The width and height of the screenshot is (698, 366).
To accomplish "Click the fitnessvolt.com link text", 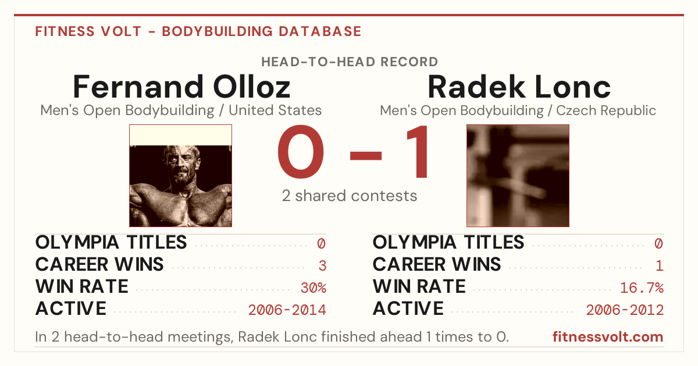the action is pyautogui.click(x=608, y=337).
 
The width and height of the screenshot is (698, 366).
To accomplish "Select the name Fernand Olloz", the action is pyautogui.click(x=181, y=87).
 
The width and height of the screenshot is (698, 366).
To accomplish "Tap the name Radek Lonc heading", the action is pyautogui.click(x=519, y=87).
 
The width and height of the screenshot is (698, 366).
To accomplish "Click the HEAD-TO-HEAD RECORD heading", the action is pyautogui.click(x=350, y=62).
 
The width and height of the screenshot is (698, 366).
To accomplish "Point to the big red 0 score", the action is pyautogui.click(x=301, y=152).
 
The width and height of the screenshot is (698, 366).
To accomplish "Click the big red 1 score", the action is pyautogui.click(x=418, y=152).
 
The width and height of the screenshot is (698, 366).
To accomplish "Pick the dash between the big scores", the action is pyautogui.click(x=366, y=155).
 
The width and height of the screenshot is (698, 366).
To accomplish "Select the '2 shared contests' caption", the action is pyautogui.click(x=350, y=196).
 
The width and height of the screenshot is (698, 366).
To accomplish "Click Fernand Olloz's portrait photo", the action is pyautogui.click(x=181, y=176).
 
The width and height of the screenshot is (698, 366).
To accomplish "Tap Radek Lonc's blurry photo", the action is pyautogui.click(x=518, y=176).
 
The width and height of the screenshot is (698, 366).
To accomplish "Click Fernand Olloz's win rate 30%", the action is pyautogui.click(x=314, y=288).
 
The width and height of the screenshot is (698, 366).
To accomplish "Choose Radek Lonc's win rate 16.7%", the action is pyautogui.click(x=642, y=288).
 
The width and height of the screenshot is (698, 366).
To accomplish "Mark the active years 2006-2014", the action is pyautogui.click(x=287, y=310).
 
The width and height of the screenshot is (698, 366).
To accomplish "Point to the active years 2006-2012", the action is pyautogui.click(x=625, y=310).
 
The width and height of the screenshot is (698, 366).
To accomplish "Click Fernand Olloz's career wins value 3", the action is pyautogui.click(x=322, y=266).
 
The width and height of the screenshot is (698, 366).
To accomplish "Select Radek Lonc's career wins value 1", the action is pyautogui.click(x=660, y=266).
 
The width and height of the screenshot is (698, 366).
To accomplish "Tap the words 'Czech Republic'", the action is pyautogui.click(x=606, y=110).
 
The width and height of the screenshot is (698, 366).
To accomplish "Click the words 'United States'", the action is pyautogui.click(x=275, y=110).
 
